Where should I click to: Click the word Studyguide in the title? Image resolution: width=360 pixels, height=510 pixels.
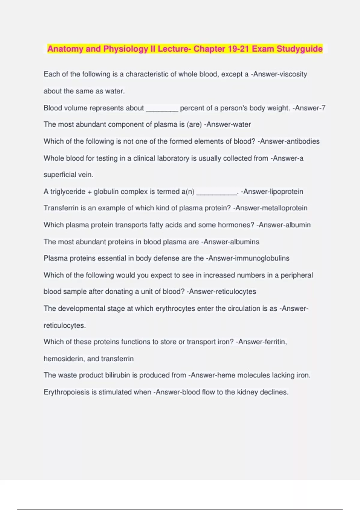click(x=299, y=49)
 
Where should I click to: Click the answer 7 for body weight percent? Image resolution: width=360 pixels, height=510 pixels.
click(x=323, y=108)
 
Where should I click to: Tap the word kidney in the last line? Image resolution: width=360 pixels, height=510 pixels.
click(x=247, y=392)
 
